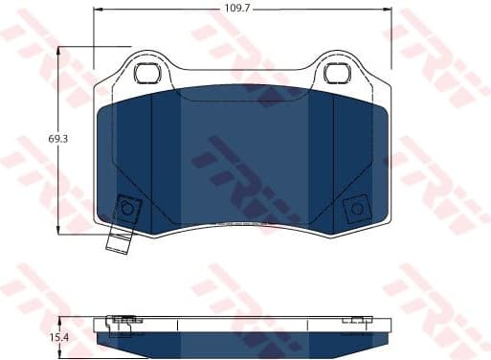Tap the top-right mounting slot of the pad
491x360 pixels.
[337, 73]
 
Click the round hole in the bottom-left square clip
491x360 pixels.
[125, 209]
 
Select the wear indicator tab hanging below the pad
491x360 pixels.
[117, 240]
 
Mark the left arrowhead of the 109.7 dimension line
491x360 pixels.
[98, 9]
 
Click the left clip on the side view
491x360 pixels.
[121, 321]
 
